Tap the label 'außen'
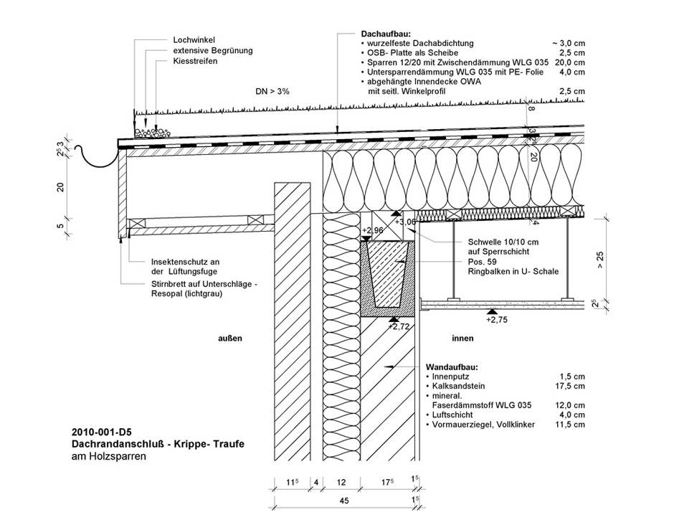[x=230, y=339]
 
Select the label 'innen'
[x=462, y=339]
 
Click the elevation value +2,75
[x=497, y=320]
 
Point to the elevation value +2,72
[x=399, y=327]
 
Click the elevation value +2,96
[x=373, y=230]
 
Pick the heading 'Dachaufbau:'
[x=386, y=34]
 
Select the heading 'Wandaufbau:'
[x=452, y=367]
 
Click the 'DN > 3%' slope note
[x=272, y=91]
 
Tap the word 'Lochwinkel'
[x=194, y=40]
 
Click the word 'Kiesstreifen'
[x=195, y=61]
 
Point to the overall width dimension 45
[x=344, y=501]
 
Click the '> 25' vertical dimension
[x=600, y=260]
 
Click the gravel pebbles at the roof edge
[x=152, y=133]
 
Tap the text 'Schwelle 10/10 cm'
[x=503, y=242]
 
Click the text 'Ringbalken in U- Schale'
[x=513, y=271]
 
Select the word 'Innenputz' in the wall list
[x=450, y=377]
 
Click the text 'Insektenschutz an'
[x=185, y=262]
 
